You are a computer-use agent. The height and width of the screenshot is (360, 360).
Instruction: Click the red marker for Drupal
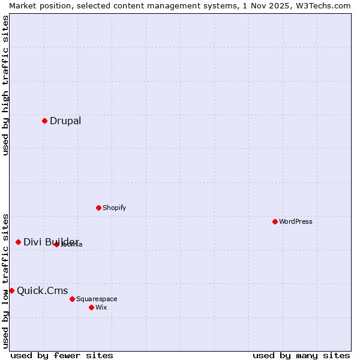click(44, 121)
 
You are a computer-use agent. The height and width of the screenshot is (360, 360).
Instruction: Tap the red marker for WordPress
click(275, 221)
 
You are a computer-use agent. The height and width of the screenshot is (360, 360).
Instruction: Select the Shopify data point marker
click(98, 208)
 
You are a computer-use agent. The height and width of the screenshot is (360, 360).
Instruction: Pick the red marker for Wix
click(91, 307)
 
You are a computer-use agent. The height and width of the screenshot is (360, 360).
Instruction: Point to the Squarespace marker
click(72, 299)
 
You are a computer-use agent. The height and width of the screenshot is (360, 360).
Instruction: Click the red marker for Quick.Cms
click(11, 290)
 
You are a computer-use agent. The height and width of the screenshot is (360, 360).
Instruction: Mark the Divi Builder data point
click(18, 242)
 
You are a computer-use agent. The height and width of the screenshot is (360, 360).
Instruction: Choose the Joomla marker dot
click(56, 244)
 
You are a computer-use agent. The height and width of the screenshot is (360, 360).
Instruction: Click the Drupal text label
click(65, 121)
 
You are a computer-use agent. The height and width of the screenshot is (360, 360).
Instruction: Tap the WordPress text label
click(296, 221)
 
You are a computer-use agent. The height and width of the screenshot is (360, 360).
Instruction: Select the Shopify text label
click(114, 208)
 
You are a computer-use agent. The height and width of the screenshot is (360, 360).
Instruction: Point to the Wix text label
click(101, 307)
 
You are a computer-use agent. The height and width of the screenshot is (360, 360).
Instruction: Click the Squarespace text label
click(97, 299)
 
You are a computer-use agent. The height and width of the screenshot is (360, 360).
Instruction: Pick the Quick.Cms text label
click(42, 291)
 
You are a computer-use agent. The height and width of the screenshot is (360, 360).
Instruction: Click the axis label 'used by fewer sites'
click(62, 355)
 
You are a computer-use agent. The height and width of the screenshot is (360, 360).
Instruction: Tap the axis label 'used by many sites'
click(301, 355)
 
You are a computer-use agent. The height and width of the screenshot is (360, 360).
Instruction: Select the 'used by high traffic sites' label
click(5, 85)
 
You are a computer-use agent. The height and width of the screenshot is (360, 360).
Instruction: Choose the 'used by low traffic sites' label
click(5, 280)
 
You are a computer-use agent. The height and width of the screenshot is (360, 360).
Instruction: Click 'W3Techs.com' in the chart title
click(323, 5)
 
